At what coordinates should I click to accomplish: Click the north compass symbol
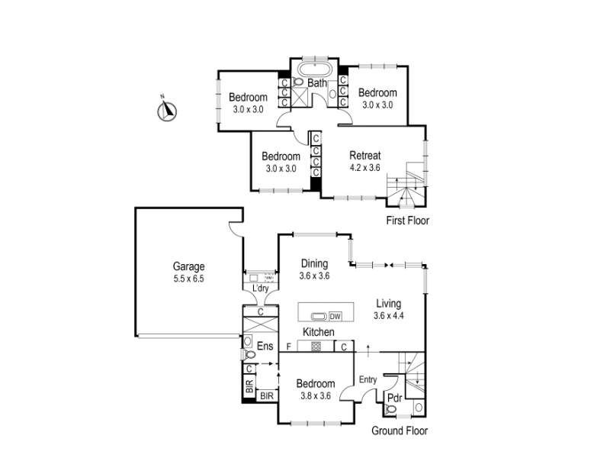point(167,111)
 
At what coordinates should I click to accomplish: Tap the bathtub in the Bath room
point(315,70)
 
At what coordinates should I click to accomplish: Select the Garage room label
point(188,266)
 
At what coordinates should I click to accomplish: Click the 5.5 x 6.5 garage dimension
point(188,279)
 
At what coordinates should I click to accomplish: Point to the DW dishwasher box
point(335,316)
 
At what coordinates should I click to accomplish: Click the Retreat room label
point(365,156)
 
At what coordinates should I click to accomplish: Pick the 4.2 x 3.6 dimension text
point(365,168)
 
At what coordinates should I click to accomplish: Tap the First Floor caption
point(408,221)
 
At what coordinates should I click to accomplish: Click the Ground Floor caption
point(400,431)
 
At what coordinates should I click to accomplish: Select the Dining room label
point(314,263)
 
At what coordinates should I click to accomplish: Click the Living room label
point(388,303)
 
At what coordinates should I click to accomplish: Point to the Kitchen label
point(318,332)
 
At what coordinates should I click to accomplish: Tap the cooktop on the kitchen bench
point(316,347)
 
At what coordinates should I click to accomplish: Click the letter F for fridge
point(289,347)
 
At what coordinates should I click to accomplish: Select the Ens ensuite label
point(265,346)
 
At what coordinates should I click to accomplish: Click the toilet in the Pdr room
point(390,409)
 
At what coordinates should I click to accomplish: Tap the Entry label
point(368,379)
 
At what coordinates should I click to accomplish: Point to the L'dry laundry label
point(260,289)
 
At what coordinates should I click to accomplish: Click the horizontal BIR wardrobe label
point(267,396)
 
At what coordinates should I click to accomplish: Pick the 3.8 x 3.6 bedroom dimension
point(316,396)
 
